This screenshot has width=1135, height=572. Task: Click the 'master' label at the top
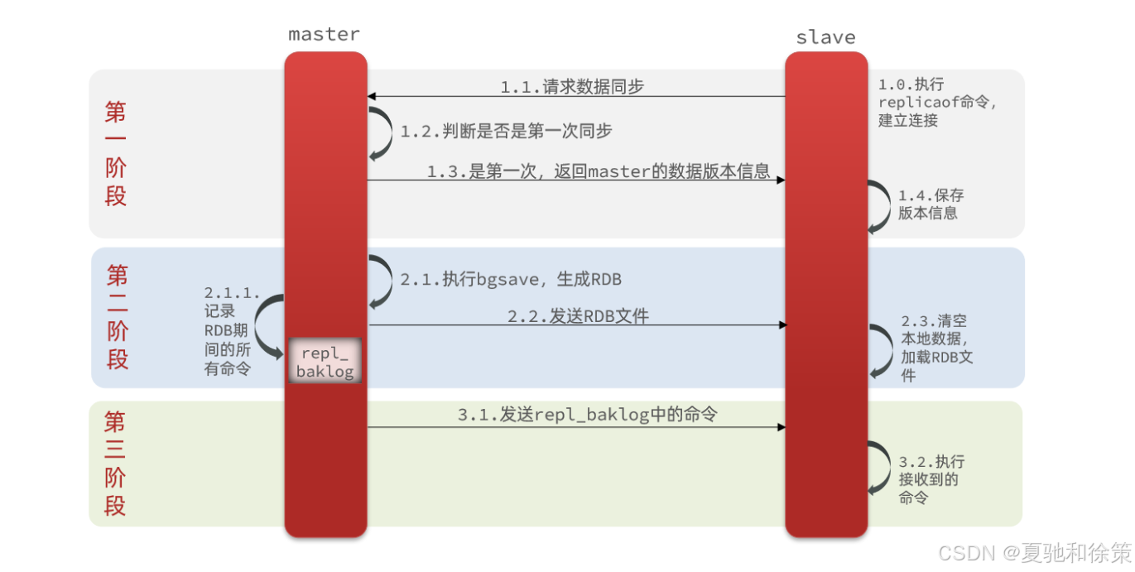(x=324, y=34)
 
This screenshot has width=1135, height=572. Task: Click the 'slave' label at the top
(x=825, y=37)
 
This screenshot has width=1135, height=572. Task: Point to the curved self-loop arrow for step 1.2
(x=382, y=132)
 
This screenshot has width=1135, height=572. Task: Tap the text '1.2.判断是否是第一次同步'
(x=506, y=132)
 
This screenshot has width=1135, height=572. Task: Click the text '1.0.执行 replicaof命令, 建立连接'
(x=936, y=102)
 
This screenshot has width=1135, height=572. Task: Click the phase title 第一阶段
(x=116, y=153)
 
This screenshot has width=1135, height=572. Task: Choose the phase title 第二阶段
(x=118, y=317)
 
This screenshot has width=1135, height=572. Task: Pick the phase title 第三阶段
(x=115, y=464)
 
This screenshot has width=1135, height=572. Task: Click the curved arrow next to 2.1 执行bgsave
(x=382, y=281)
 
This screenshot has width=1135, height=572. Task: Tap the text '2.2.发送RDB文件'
(x=578, y=316)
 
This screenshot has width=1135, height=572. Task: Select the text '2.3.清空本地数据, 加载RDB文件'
(x=936, y=348)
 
